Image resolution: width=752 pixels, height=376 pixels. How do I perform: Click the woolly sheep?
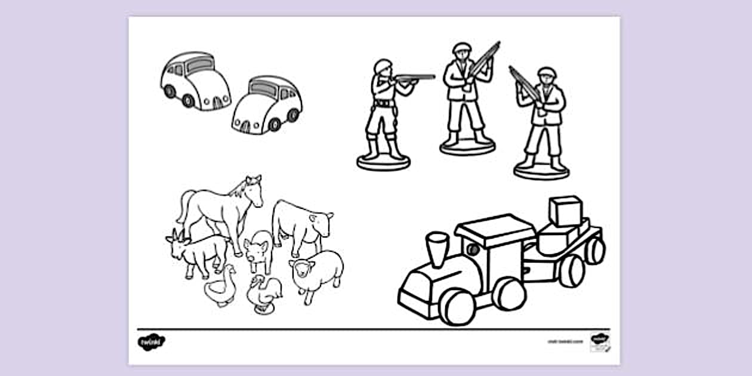(318, 272)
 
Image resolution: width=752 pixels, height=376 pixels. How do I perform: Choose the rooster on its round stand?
(265, 294)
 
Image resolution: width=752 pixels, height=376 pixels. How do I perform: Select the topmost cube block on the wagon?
(565, 210)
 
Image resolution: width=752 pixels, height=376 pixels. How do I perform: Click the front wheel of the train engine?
(457, 307)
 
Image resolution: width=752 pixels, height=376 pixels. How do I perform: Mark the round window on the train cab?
(473, 249)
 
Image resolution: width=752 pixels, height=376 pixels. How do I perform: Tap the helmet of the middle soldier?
(461, 47)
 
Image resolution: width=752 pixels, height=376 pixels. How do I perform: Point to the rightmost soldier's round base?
(541, 171)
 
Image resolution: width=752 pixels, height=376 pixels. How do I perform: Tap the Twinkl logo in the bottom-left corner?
(152, 342)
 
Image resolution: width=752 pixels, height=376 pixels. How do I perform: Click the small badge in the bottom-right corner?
(600, 342)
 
